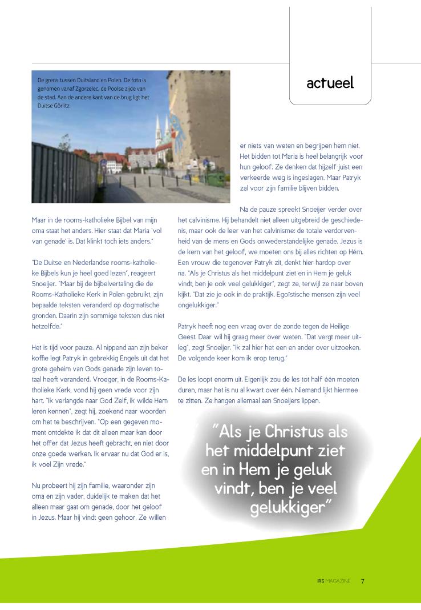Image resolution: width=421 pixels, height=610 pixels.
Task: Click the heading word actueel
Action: click(x=330, y=83)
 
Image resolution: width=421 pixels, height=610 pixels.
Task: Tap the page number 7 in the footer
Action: click(x=363, y=581)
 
